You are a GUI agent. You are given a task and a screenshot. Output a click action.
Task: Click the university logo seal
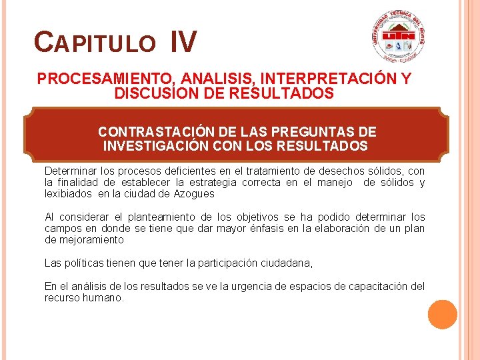(399, 39)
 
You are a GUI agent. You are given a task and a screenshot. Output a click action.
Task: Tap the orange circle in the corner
(443, 315)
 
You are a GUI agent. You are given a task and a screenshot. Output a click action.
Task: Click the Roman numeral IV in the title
(183, 41)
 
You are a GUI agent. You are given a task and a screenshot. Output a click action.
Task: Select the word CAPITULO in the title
(94, 43)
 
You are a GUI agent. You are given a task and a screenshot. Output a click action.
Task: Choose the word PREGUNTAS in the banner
(314, 131)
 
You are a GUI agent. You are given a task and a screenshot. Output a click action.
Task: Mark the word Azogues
(194, 194)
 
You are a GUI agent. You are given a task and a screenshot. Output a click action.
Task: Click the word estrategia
(213, 183)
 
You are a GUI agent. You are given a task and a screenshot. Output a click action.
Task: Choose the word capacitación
(376, 286)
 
